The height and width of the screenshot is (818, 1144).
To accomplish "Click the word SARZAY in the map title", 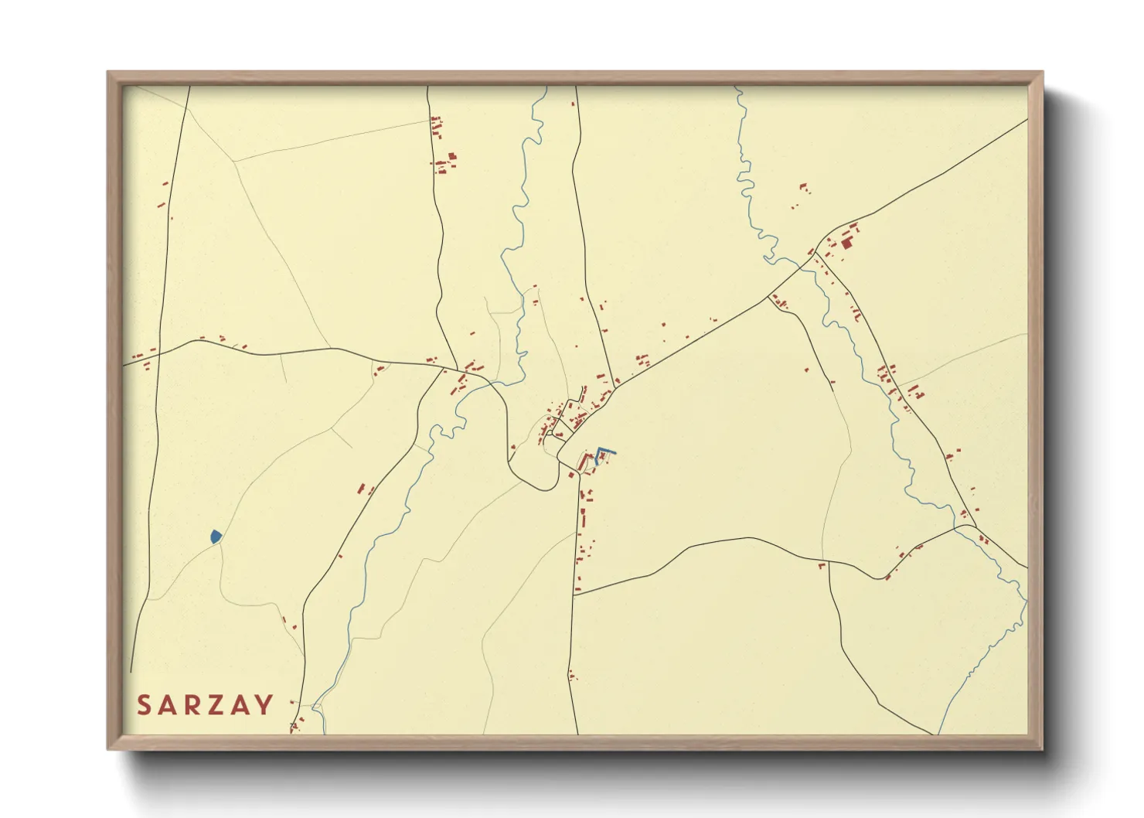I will pyautogui.click(x=205, y=705).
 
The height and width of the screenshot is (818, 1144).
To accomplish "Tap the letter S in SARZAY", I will pyautogui.click(x=144, y=705).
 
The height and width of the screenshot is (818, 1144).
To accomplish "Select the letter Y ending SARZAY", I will pyautogui.click(x=265, y=705).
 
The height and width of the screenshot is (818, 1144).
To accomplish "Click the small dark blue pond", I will pyautogui.click(x=216, y=536).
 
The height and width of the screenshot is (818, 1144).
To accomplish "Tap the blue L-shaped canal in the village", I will pyautogui.click(x=604, y=452).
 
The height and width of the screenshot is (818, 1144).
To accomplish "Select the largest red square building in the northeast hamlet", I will pyautogui.click(x=846, y=244).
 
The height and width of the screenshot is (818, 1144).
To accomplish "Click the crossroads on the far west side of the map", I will pyautogui.click(x=158, y=350).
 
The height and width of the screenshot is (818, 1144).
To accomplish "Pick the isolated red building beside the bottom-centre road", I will pyautogui.click(x=571, y=675).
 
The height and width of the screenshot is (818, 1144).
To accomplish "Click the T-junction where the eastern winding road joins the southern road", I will pyautogui.click(x=575, y=595).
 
